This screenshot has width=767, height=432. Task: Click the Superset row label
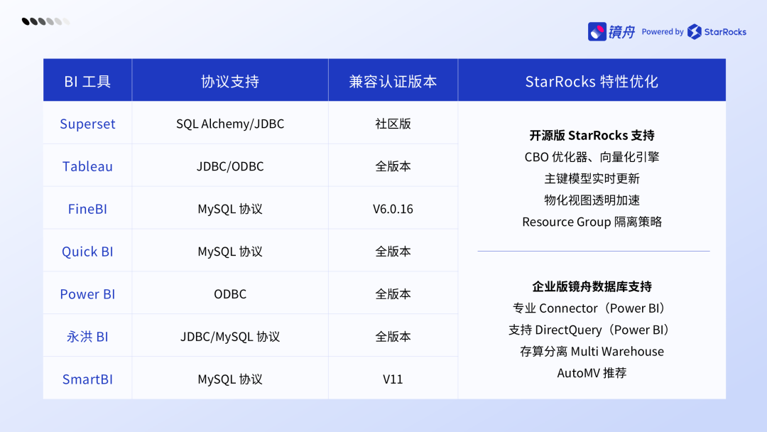point(87,124)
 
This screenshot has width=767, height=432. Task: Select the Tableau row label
point(87,166)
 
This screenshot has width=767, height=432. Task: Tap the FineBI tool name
point(87,209)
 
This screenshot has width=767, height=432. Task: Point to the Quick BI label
point(87,252)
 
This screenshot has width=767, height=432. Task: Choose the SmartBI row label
point(87,379)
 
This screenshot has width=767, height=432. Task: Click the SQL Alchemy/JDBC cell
point(230,124)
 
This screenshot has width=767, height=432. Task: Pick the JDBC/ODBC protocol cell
point(230,166)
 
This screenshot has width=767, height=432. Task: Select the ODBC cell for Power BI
point(230,294)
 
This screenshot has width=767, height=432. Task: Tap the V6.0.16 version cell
point(393,209)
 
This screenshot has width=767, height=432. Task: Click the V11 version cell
point(393,379)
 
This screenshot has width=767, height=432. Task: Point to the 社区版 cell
point(393,124)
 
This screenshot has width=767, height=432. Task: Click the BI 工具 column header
point(87,81)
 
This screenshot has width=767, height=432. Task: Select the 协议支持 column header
point(230,81)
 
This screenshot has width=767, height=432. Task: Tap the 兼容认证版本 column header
point(393,81)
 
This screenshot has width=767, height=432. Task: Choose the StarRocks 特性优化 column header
point(592,81)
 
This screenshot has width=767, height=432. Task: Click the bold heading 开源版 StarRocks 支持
point(592,135)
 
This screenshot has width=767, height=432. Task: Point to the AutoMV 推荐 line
point(592,373)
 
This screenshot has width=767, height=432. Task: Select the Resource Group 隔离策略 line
point(592,222)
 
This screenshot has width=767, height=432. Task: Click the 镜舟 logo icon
point(597,32)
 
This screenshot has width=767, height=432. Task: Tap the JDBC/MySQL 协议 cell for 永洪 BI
point(230,337)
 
